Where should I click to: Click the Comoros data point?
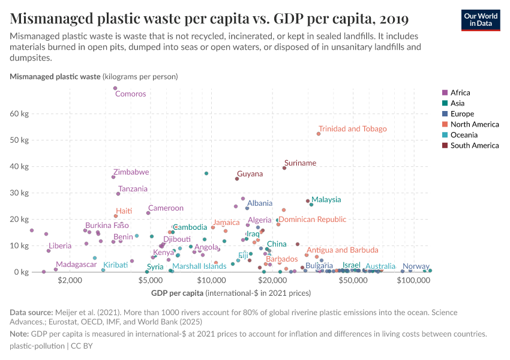coord(115,88)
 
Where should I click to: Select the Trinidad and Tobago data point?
coord(319,134)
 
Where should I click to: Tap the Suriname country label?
coord(300,163)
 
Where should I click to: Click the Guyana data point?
coord(237,178)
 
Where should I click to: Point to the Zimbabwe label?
coord(131,172)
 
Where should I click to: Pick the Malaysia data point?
coord(311,205)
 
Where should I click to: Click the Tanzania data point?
coord(118,194)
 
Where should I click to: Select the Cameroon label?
coord(166,208)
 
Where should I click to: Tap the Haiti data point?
coord(116,216)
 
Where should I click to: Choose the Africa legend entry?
coord(460,92)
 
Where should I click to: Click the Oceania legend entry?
coord(462,135)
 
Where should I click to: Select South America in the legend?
coord(474,145)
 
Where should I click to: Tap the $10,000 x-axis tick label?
coord(211,280)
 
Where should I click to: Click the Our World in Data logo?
coord(480,20)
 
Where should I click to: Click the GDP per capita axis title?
coord(179,293)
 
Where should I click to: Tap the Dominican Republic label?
coord(312,220)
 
